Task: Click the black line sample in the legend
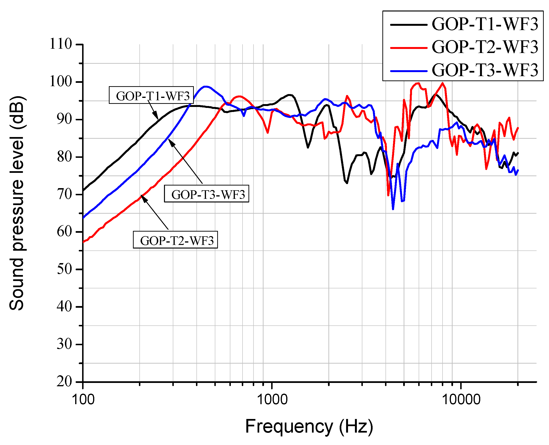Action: [409, 25]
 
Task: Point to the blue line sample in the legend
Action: [409, 71]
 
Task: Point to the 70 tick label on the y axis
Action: [64, 194]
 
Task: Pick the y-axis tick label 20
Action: [64, 382]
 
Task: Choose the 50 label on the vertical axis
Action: [64, 269]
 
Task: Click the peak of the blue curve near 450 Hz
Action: [205, 87]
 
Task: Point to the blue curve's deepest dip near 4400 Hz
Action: [393, 209]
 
